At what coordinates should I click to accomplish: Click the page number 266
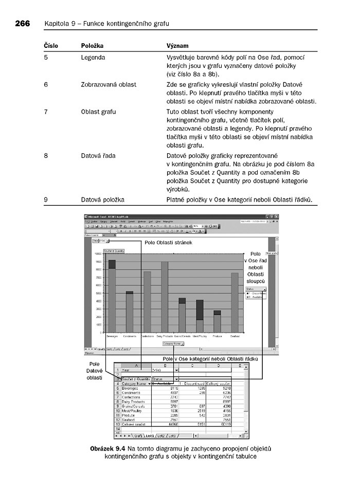click(22, 24)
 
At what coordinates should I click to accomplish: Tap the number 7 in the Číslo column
click(46, 112)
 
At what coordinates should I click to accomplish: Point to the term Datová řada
click(97, 155)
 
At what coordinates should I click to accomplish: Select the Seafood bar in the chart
click(235, 303)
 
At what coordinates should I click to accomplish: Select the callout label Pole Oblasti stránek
click(168, 242)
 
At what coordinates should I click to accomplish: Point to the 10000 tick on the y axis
click(97, 254)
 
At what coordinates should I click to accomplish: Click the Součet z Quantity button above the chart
click(114, 251)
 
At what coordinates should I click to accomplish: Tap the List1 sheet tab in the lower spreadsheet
click(149, 436)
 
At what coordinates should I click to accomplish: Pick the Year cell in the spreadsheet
click(126, 370)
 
